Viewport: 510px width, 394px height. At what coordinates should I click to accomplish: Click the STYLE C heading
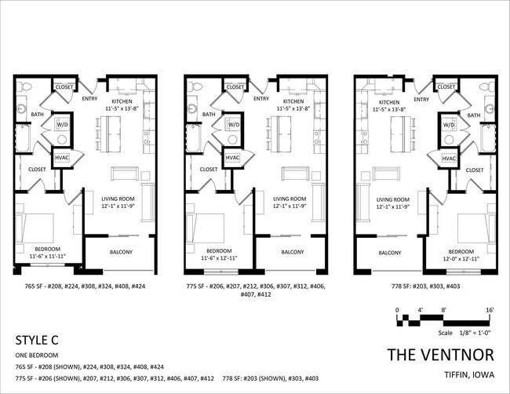pos(38,341)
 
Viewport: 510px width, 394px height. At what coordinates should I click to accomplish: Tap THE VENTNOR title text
pos(441,355)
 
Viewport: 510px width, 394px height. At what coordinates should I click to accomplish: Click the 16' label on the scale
pos(490,311)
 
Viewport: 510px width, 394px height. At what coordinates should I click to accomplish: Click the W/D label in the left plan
pos(62,124)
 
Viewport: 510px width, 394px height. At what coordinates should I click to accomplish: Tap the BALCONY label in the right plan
pos(390,253)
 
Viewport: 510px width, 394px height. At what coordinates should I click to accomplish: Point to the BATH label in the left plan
pos(37,115)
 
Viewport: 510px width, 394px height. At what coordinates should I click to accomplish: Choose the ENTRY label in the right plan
pos(421,99)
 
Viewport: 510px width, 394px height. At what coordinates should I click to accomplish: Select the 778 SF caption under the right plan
pos(421,287)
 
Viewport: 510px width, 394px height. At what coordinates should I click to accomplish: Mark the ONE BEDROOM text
pos(38,356)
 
